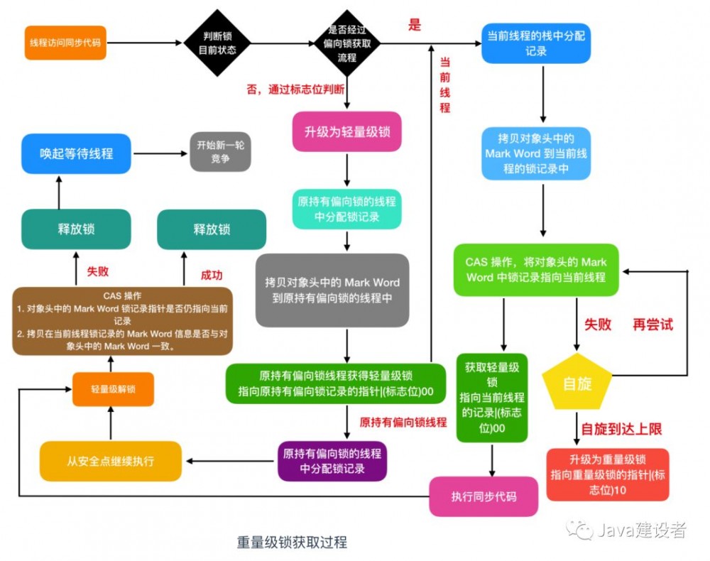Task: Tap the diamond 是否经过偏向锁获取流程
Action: [346, 43]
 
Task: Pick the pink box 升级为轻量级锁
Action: [347, 131]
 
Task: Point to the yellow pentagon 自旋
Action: [577, 384]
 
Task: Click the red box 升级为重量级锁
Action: [608, 474]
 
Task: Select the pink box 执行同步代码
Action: [484, 496]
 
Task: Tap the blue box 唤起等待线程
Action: [76, 153]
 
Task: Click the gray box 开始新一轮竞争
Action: [220, 151]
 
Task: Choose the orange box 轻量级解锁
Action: [113, 389]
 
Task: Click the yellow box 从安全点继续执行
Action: [110, 461]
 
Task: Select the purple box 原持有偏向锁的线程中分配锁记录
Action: [332, 461]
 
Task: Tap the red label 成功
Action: [212, 274]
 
